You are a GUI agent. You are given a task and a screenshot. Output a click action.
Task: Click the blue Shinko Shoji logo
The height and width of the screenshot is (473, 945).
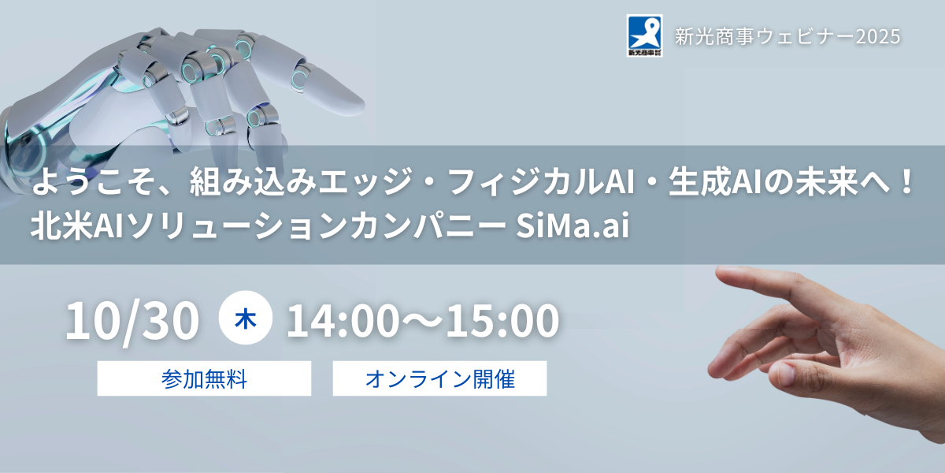point(644,35)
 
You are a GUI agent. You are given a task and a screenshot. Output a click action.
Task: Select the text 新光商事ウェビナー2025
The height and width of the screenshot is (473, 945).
point(787,36)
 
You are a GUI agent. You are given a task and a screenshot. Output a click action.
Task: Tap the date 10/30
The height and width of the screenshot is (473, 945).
point(132,322)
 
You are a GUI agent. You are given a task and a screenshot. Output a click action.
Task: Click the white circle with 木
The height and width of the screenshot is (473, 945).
point(246,318)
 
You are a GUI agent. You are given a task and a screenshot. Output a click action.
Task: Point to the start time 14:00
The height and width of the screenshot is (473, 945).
point(343,322)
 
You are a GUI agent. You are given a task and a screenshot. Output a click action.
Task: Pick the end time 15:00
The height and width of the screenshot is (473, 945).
point(502,322)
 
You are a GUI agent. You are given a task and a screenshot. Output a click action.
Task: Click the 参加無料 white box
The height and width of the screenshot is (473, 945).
point(204,378)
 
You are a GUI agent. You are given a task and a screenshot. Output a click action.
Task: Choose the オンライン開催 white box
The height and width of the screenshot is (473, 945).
point(439,378)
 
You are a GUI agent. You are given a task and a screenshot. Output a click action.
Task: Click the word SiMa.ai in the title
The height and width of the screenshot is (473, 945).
point(573,225)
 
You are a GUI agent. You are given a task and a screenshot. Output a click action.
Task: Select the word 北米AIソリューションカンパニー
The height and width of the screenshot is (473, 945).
point(269,226)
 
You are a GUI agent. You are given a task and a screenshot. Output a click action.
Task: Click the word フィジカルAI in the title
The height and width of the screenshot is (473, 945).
point(542,181)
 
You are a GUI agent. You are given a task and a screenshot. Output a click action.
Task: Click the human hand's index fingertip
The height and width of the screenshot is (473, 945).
point(719,273)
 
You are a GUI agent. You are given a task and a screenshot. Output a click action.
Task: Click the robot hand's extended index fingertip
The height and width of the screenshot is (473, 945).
point(358,102)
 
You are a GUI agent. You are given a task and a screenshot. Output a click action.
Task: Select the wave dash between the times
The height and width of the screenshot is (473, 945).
point(422,322)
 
